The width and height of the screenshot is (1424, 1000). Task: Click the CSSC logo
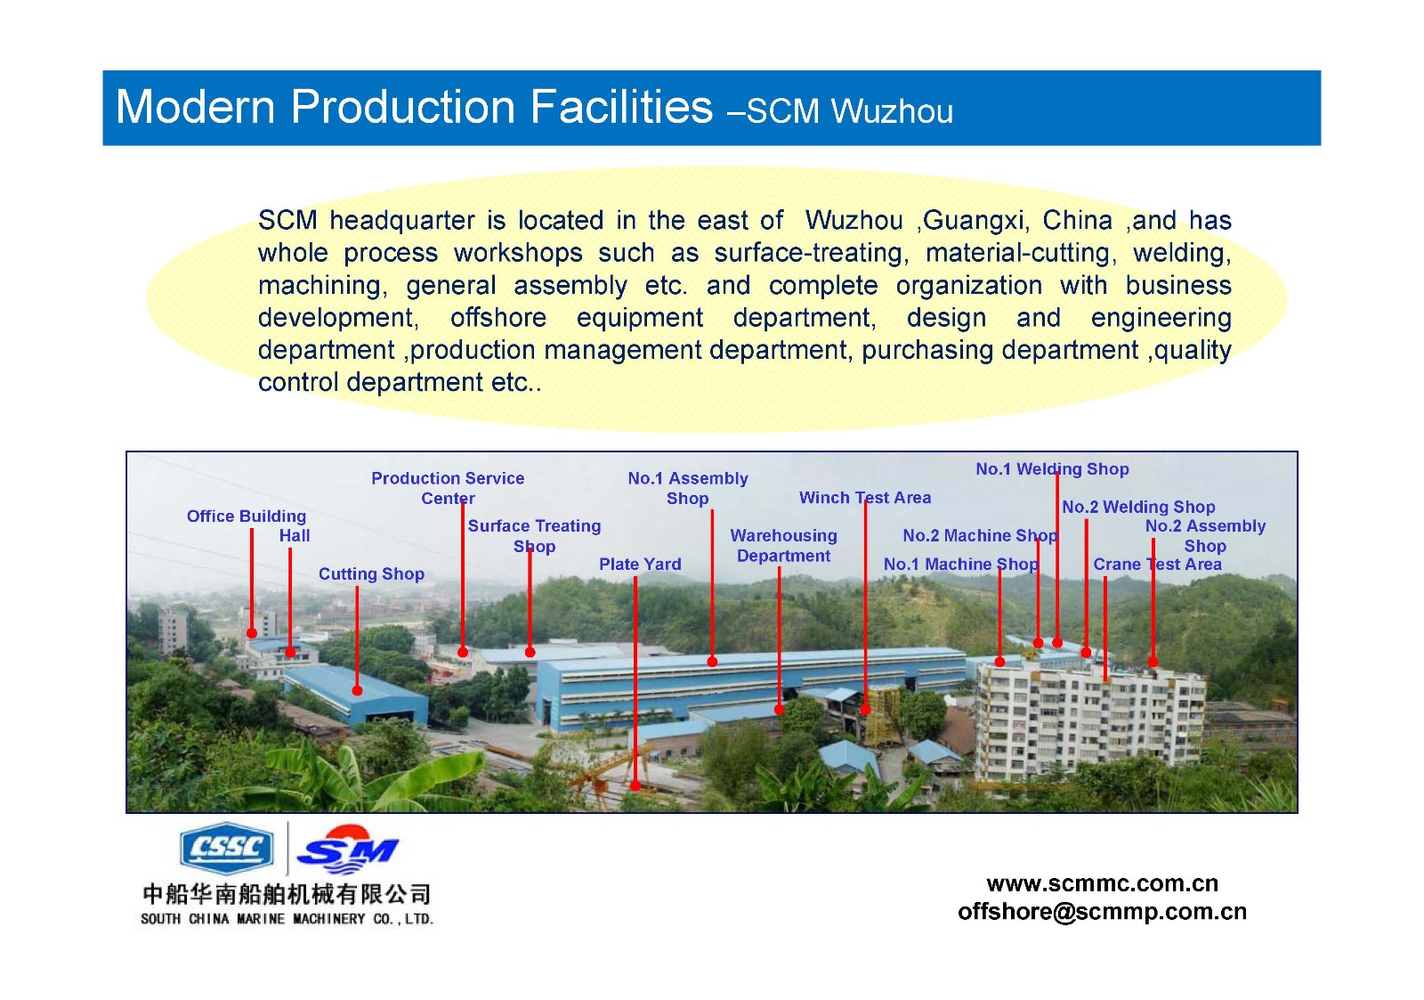227,848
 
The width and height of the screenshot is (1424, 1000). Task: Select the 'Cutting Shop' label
371,573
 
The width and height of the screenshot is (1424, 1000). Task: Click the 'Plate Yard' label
640,565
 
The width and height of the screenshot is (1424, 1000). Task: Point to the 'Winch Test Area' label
864,498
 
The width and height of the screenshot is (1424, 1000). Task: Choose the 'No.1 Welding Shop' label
1052,468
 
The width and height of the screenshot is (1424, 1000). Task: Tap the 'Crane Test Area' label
1157,565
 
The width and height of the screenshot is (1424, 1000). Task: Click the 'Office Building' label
246,516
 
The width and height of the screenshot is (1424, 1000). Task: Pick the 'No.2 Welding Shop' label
1138,507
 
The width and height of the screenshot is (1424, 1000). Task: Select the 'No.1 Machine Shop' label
960,565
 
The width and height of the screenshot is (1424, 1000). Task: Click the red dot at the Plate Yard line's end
635,785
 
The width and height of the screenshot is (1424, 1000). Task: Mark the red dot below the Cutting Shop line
357,691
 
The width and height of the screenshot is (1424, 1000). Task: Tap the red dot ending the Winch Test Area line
865,710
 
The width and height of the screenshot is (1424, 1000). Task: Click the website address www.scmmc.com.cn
1103,883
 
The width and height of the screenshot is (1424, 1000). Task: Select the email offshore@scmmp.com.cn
1103,912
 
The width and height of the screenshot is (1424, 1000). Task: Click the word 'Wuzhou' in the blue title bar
891,111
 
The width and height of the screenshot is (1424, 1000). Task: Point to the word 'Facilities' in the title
621,106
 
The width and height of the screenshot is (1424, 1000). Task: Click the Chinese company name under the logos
287,894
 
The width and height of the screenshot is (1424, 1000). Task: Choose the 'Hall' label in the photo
295,536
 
